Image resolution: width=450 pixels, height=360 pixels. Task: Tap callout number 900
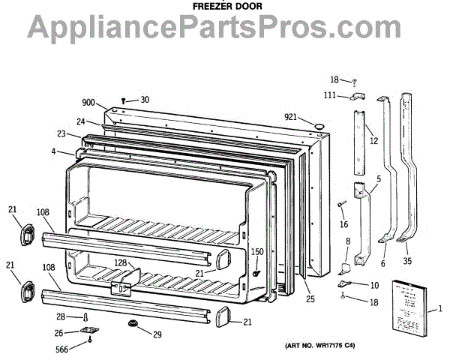click(x=89, y=103)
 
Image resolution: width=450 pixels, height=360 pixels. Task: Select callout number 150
click(x=257, y=252)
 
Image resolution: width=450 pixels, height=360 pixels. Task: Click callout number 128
click(x=121, y=262)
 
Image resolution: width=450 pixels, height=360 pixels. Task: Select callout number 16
click(x=344, y=224)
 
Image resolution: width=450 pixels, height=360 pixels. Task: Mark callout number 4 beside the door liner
click(x=55, y=152)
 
